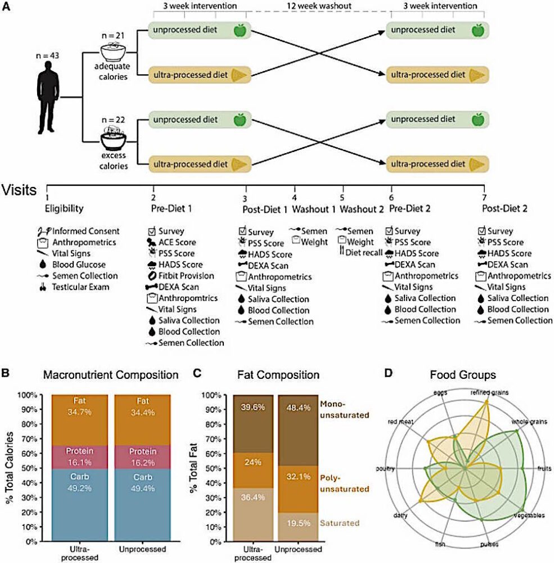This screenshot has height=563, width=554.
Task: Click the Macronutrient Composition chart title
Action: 114,374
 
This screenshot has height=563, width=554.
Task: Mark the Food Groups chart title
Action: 470,374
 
